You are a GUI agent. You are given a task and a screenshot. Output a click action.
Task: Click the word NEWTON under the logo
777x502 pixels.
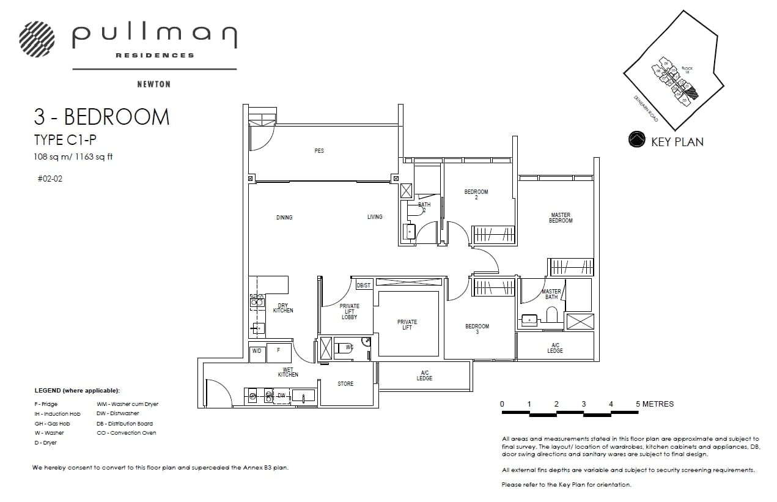pos(153,84)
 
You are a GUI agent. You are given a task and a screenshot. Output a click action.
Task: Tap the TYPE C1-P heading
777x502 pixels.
pos(65,140)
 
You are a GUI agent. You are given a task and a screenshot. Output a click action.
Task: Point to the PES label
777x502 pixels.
pos(319,151)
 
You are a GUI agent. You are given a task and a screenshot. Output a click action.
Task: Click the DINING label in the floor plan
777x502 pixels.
pos(284,217)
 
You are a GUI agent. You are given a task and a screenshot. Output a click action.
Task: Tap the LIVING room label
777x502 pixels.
pos(375,216)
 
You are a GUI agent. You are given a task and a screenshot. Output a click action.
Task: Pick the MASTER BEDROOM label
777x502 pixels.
pos(561,218)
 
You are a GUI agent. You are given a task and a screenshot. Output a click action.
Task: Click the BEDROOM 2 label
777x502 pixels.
pos(476,194)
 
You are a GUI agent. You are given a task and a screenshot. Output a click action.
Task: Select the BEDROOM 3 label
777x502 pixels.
pos(477,329)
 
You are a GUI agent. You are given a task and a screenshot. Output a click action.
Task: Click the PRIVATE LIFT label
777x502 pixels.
pos(407,325)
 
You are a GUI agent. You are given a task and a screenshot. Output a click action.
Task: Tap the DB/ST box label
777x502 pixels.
pos(364,286)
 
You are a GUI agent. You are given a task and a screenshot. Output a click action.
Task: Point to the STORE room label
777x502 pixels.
pos(345,384)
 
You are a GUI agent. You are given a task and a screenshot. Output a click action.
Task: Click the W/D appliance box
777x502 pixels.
pos(257,351)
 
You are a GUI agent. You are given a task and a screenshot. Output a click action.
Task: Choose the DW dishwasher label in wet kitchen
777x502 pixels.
pos(281,396)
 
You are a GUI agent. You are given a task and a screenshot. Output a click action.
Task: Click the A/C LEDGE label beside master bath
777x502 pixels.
pos(555,348)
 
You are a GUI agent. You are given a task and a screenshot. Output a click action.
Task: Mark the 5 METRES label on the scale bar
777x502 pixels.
pos(655,404)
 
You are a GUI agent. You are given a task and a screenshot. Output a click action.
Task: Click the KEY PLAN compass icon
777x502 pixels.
pos(637,140)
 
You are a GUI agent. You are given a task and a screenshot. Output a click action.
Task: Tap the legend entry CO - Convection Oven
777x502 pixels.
pos(127,433)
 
